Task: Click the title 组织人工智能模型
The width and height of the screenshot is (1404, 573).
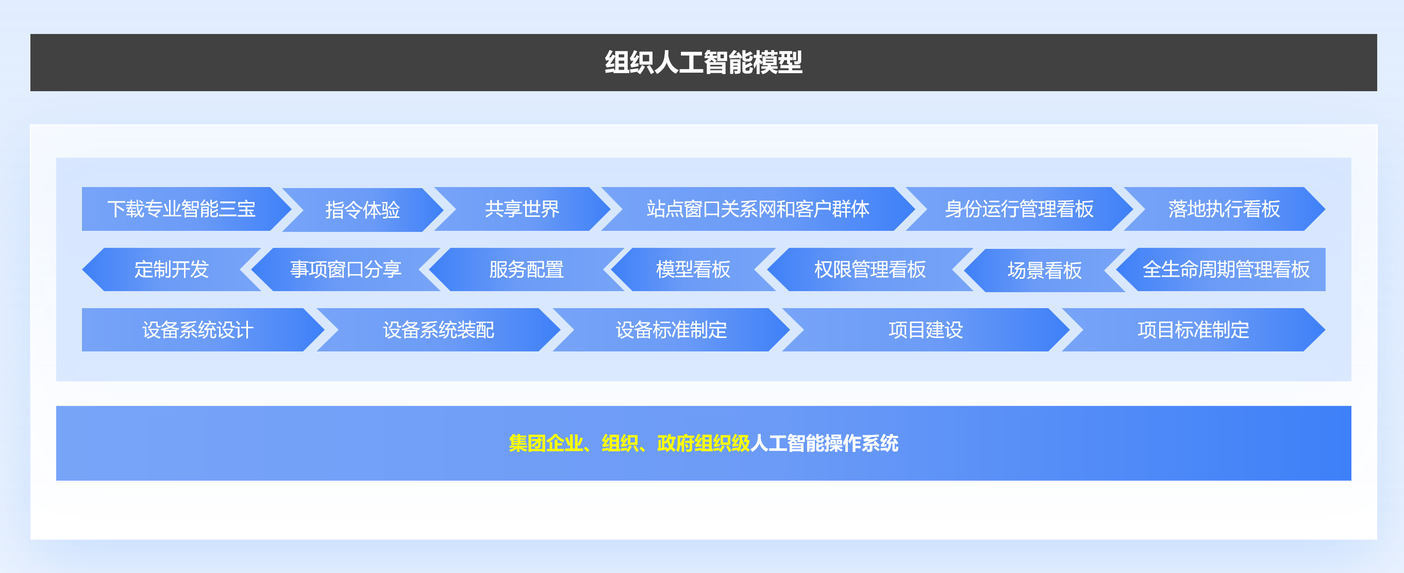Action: pos(703,62)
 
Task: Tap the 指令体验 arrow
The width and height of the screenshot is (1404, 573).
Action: pos(363,210)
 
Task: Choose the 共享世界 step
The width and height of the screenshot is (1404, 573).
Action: pos(522,209)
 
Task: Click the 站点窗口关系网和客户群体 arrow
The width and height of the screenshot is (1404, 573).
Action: pos(758,209)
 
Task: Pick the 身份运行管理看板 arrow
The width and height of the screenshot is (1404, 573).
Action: pos(1019,209)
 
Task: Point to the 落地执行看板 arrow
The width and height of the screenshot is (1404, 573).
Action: pos(1224,209)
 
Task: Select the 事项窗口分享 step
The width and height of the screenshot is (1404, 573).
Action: pos(345,269)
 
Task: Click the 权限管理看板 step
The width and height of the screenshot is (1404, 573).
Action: pos(870,269)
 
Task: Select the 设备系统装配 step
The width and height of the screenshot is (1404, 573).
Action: pos(438,330)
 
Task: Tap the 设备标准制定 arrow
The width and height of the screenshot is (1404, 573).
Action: pos(672,330)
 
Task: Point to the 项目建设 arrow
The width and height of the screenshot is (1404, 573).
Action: pos(926,330)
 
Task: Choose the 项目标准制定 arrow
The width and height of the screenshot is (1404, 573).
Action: pos(1194,330)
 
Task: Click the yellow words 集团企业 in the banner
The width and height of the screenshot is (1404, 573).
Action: pos(546,443)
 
